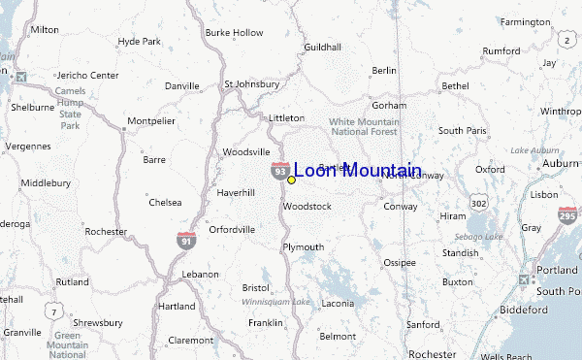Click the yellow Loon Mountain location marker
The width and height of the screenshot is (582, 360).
[291, 180]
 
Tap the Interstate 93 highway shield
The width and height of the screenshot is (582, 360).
[279, 171]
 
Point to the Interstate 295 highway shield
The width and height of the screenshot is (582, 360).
[566, 216]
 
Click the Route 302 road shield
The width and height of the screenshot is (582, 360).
[478, 204]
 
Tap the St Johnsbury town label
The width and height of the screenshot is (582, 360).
[251, 83]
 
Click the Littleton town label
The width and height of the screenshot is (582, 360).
[286, 117]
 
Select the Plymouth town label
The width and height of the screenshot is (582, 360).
[303, 247]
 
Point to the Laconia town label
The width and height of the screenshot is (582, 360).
[338, 303]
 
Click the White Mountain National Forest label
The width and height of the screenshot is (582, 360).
[364, 126]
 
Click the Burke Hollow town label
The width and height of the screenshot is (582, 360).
[234, 32]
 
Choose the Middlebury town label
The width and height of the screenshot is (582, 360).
[47, 182]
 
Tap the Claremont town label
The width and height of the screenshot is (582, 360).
[190, 341]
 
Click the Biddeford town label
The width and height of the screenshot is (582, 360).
[525, 310]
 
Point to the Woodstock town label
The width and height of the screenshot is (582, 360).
[307, 207]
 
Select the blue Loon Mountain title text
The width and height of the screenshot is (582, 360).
[357, 171]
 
